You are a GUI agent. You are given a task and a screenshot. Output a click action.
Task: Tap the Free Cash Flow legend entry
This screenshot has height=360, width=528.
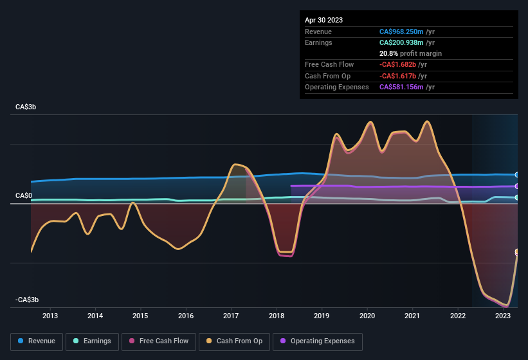point(159,341)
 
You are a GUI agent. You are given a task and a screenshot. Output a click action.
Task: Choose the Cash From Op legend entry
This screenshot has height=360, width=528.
point(233,341)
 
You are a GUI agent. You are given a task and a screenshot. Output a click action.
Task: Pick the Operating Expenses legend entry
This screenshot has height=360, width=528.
point(317,341)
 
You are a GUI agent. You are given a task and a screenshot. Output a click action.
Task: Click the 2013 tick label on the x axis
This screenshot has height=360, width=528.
point(50,316)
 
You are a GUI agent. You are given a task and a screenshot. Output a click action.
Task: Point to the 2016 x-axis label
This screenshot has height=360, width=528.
point(186,316)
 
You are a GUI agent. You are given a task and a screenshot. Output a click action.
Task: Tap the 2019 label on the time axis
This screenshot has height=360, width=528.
point(322,316)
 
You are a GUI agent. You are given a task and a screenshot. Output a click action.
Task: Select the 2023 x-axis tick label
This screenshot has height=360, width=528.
point(503,316)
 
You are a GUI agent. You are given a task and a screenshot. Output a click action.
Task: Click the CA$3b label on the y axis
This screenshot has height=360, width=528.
point(26,107)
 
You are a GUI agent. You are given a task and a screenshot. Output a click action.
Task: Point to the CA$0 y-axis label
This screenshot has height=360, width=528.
point(23,195)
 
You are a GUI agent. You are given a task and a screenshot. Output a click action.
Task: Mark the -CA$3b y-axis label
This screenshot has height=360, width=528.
point(27,300)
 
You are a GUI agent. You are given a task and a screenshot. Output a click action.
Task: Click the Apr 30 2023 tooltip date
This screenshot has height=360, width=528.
point(323,20)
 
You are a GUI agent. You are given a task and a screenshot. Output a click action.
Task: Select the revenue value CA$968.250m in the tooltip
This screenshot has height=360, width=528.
point(401,32)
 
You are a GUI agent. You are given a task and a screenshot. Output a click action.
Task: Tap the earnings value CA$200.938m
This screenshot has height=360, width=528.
point(401,42)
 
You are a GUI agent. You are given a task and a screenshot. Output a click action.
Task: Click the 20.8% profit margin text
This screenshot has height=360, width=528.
point(410,53)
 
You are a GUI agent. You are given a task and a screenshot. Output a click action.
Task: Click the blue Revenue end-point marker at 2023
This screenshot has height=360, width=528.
point(517,175)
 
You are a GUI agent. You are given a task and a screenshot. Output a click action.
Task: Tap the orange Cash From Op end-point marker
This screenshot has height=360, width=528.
point(517,252)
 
